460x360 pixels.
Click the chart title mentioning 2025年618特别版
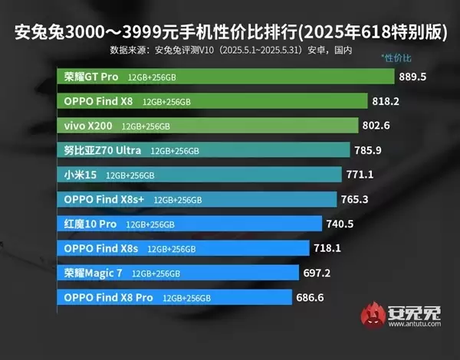click(230, 33)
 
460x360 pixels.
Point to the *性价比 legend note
click(396, 58)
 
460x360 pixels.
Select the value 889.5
click(412, 77)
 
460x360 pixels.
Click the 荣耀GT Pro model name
click(91, 77)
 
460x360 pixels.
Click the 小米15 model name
click(80, 175)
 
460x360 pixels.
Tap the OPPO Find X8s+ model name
click(104, 199)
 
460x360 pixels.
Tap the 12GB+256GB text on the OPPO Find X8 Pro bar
click(186, 297)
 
